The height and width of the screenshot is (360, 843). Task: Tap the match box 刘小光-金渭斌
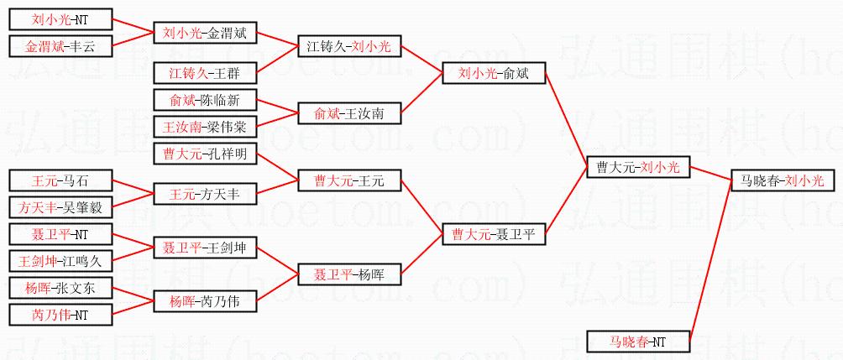coord(205,34)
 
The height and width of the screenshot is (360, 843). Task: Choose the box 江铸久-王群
coord(205,74)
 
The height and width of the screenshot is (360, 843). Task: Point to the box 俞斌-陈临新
coord(205,100)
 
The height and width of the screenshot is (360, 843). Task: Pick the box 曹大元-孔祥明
coord(205,154)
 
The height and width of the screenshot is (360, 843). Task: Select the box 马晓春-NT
coord(638,342)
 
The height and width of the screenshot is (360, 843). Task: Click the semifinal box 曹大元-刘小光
coord(638,168)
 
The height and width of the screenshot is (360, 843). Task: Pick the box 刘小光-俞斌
coord(494,74)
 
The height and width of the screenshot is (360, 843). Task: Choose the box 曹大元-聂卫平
coord(494,234)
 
